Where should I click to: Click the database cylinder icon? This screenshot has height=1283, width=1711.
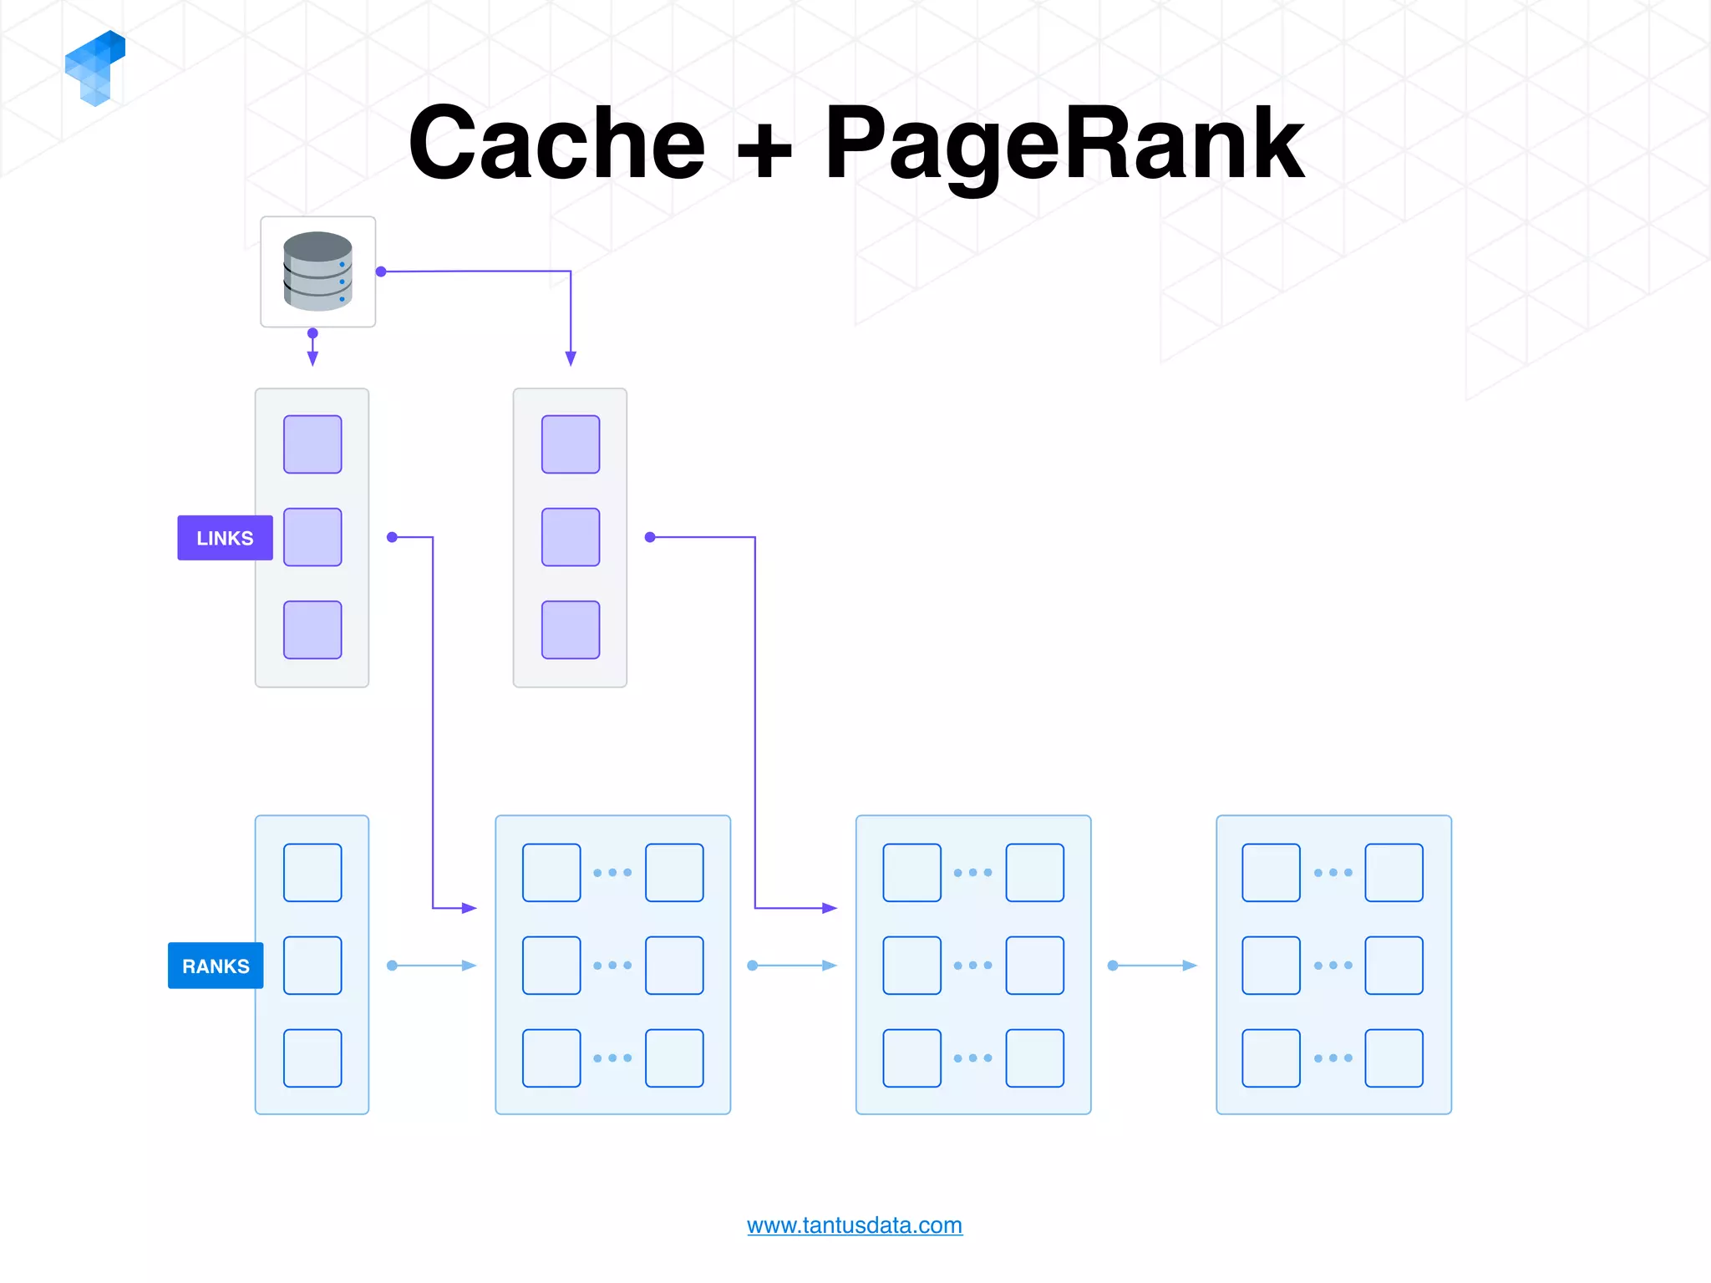point(317,271)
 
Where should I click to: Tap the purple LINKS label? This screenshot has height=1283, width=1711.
point(225,538)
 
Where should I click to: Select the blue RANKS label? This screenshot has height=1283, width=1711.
point(216,966)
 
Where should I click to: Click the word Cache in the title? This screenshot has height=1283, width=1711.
point(556,144)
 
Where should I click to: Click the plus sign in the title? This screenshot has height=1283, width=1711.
point(764,150)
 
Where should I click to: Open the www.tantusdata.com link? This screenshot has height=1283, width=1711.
point(854,1225)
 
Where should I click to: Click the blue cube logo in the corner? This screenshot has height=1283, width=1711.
point(95,67)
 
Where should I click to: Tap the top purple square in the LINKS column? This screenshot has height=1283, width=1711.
point(312,444)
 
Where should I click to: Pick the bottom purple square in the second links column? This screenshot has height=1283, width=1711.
point(571,630)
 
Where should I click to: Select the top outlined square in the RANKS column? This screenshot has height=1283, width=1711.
point(312,873)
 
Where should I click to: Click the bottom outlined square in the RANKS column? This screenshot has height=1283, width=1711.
point(312,1058)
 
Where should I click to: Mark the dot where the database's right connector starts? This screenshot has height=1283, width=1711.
point(381,271)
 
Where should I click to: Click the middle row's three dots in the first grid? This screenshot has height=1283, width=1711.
point(612,966)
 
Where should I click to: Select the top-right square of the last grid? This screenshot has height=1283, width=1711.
point(1394,873)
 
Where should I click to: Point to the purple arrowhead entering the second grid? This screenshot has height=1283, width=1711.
point(829,908)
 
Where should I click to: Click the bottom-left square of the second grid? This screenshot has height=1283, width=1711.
point(911,1058)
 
